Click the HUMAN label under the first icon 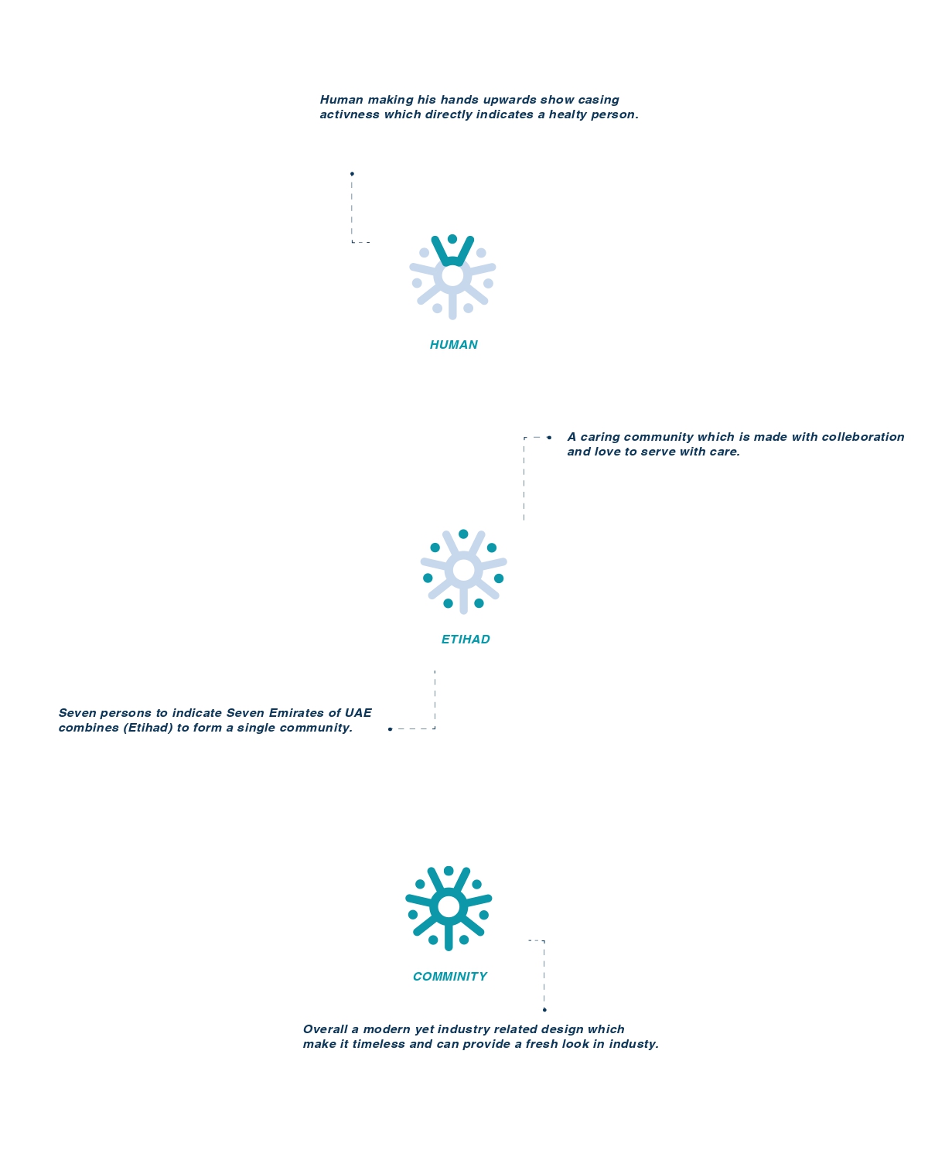coord(453,344)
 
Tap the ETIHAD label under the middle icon coord(466,640)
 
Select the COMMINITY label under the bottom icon coord(450,976)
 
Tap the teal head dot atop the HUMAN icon coord(452,239)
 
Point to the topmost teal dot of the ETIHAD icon coord(463,534)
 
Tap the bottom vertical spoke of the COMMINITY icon coord(449,936)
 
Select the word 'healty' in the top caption coord(568,114)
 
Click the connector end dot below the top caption coord(352,173)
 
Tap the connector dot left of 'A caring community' coord(549,438)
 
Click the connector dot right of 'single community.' coord(390,729)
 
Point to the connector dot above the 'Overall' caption coord(544,1010)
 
